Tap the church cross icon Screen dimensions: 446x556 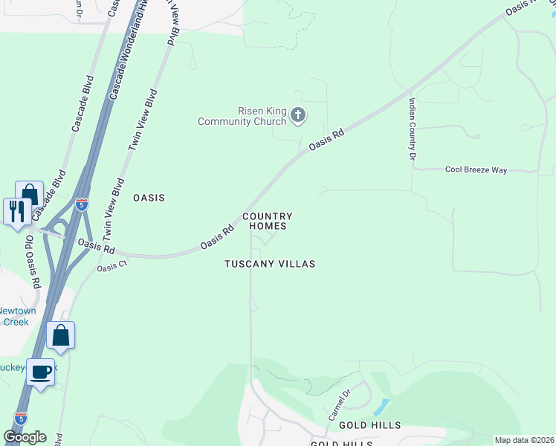point(298,115)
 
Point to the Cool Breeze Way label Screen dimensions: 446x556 point(476,170)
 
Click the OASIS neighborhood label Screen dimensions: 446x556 point(148,198)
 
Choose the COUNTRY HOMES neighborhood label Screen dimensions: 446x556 point(267,221)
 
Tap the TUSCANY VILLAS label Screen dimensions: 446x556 point(271,264)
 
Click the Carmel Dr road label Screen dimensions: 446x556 point(337,404)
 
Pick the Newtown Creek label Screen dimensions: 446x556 point(15,317)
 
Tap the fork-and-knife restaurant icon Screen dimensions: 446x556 point(16,210)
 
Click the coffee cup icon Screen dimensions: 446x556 point(42,371)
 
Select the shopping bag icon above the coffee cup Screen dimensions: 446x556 point(60,335)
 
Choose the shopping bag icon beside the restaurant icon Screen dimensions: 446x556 point(29,194)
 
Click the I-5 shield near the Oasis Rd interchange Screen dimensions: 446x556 point(82,205)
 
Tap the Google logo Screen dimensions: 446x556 point(25,436)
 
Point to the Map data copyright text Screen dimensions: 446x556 point(524,440)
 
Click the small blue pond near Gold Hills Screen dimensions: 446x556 point(381,407)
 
